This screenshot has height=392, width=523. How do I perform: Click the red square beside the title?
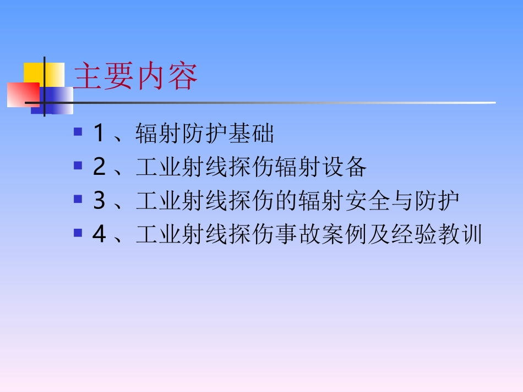click(x=23, y=94)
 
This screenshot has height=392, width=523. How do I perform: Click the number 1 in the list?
click(x=99, y=134)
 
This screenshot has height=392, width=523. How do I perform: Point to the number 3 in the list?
click(x=99, y=201)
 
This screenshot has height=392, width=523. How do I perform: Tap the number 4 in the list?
click(x=99, y=235)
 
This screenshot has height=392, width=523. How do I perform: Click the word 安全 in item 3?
click(x=366, y=201)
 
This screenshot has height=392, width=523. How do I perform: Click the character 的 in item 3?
click(x=286, y=201)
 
